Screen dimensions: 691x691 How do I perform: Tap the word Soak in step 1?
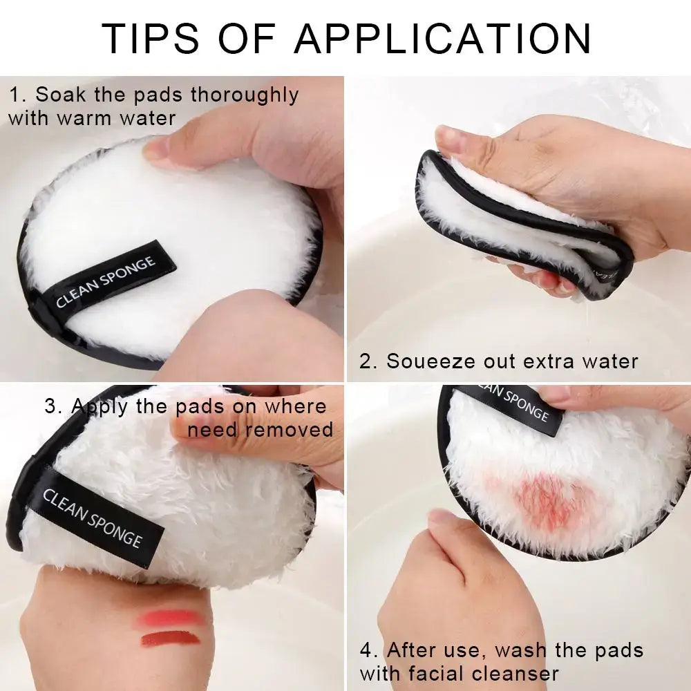pyautogui.click(x=56, y=95)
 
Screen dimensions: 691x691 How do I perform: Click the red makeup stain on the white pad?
pyautogui.click(x=546, y=501)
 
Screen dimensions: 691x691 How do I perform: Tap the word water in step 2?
pyautogui.click(x=608, y=361)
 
